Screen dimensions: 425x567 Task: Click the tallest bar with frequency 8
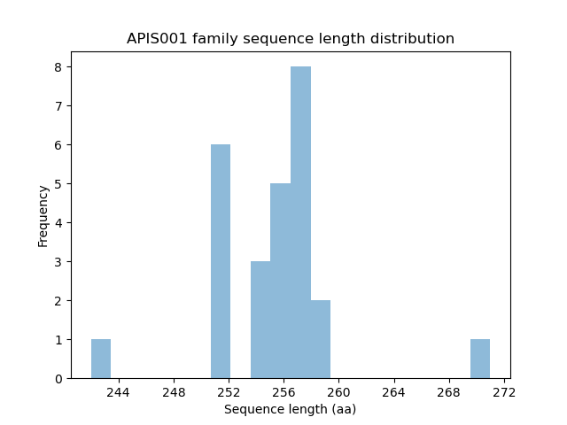[300, 222]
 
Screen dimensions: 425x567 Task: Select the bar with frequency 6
[221, 261]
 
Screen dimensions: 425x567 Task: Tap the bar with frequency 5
[280, 281]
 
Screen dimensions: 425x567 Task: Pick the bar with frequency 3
[260, 320]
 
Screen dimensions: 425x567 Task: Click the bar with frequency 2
[320, 339]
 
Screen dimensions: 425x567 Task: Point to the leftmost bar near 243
[101, 359]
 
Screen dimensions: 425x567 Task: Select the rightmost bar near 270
[480, 359]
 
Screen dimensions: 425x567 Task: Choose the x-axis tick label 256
[283, 392]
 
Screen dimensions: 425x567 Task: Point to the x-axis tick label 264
[393, 392]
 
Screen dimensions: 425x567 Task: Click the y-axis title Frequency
[43, 215]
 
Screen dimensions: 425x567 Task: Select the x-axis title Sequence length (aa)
[290, 409]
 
